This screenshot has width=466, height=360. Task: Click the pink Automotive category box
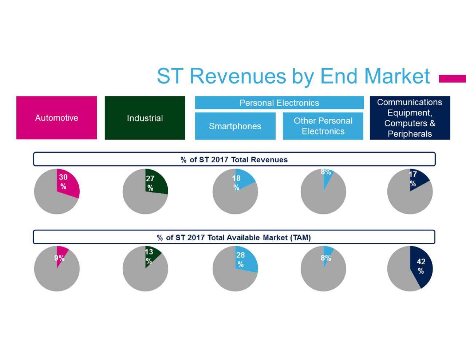point(56,118)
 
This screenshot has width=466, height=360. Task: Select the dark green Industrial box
point(145,118)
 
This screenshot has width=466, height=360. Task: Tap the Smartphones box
point(235,126)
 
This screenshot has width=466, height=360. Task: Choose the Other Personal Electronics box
point(323,126)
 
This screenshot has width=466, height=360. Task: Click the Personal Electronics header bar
point(279,103)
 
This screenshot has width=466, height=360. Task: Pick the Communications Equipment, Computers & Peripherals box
point(410,118)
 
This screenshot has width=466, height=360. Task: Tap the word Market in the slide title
point(397,76)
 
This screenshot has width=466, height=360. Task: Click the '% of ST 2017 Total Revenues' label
point(234,159)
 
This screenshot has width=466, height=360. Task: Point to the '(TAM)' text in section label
point(300,237)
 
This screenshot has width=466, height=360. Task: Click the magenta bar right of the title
point(452,79)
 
